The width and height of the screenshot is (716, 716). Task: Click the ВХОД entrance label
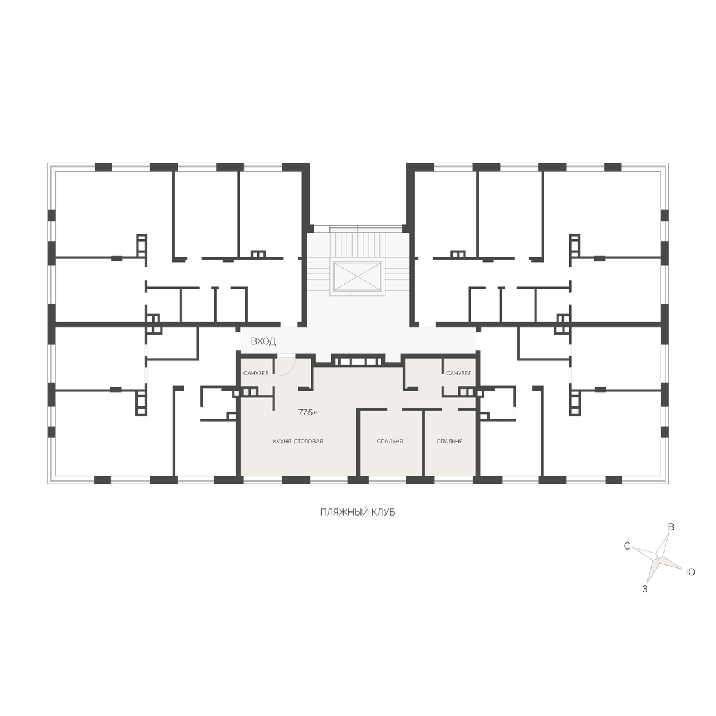coord(263,341)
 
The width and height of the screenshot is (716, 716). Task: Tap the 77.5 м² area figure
coord(309,412)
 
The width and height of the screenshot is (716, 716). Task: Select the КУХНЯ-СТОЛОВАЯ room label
coord(298,442)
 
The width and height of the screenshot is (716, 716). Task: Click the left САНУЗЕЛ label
coord(255,374)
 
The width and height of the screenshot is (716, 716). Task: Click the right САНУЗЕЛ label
coord(459,374)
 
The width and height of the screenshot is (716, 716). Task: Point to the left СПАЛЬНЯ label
coord(390,442)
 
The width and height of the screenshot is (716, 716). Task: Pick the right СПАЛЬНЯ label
coord(450,442)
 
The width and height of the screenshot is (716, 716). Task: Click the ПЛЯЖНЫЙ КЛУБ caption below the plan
coord(358,513)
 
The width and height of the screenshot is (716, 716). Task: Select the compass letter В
coord(671,527)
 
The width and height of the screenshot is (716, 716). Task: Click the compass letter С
coord(627,546)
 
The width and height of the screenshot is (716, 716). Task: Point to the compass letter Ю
coord(690,573)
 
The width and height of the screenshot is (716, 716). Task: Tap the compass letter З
coord(645,590)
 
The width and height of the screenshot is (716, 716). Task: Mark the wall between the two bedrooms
coord(424,443)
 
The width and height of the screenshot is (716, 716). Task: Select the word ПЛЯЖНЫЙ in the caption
coord(340,513)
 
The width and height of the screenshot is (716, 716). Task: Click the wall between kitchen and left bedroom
coord(358,443)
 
